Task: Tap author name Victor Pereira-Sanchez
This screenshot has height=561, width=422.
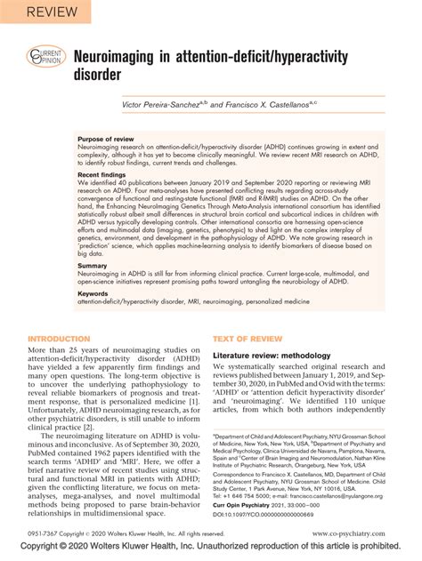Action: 169,102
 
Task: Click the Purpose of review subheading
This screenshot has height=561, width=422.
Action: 110,140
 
